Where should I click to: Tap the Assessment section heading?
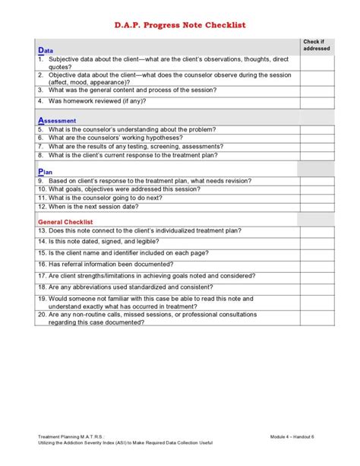[x=57, y=120]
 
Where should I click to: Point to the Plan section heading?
[x=45, y=172]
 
